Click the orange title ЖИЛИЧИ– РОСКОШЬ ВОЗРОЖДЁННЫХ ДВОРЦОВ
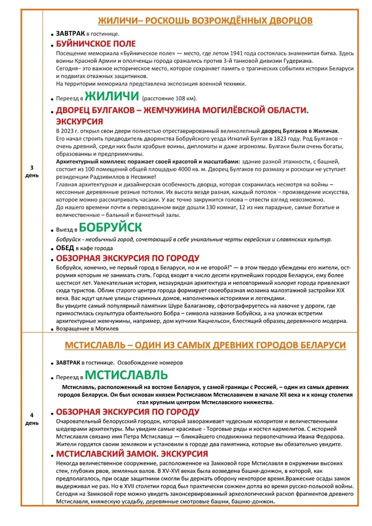pyautogui.click(x=205, y=21)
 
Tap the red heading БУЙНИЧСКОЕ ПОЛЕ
pyautogui.click(x=96, y=44)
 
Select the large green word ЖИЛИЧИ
pyautogui.click(x=111, y=97)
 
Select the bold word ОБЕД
pyautogui.click(x=66, y=248)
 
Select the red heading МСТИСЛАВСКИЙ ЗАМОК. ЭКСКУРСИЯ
pyautogui.click(x=132, y=454)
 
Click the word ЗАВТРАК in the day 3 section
pyautogui.click(x=70, y=33)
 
